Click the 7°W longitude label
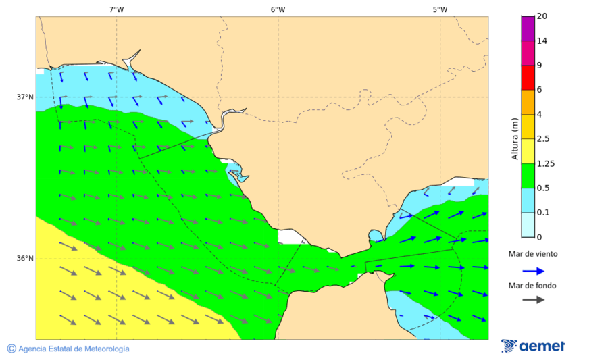116,9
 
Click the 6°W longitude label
278,9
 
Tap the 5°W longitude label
440,9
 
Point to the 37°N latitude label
25,97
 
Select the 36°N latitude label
25,258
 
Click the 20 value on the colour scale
542,16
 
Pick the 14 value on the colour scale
542,41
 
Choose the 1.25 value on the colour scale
546,163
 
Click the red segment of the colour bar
528,77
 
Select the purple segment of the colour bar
528,28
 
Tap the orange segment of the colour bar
528,102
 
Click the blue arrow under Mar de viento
533,271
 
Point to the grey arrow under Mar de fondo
533,299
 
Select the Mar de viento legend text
533,254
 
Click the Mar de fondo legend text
533,286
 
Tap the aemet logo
533,346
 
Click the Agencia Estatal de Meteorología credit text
68,349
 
